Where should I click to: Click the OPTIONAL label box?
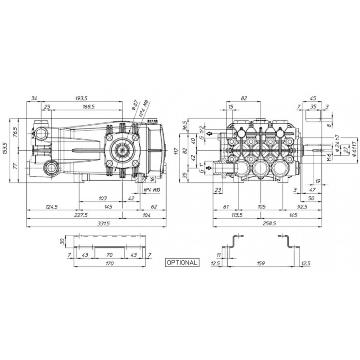[182, 262]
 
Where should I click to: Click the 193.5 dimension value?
[81, 98]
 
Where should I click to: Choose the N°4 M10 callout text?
[152, 190]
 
